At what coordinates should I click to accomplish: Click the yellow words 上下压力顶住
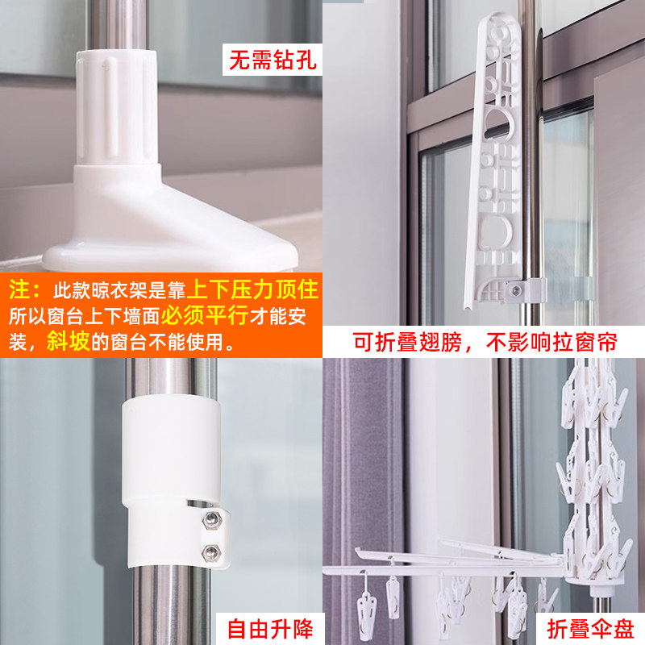click(254, 289)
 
